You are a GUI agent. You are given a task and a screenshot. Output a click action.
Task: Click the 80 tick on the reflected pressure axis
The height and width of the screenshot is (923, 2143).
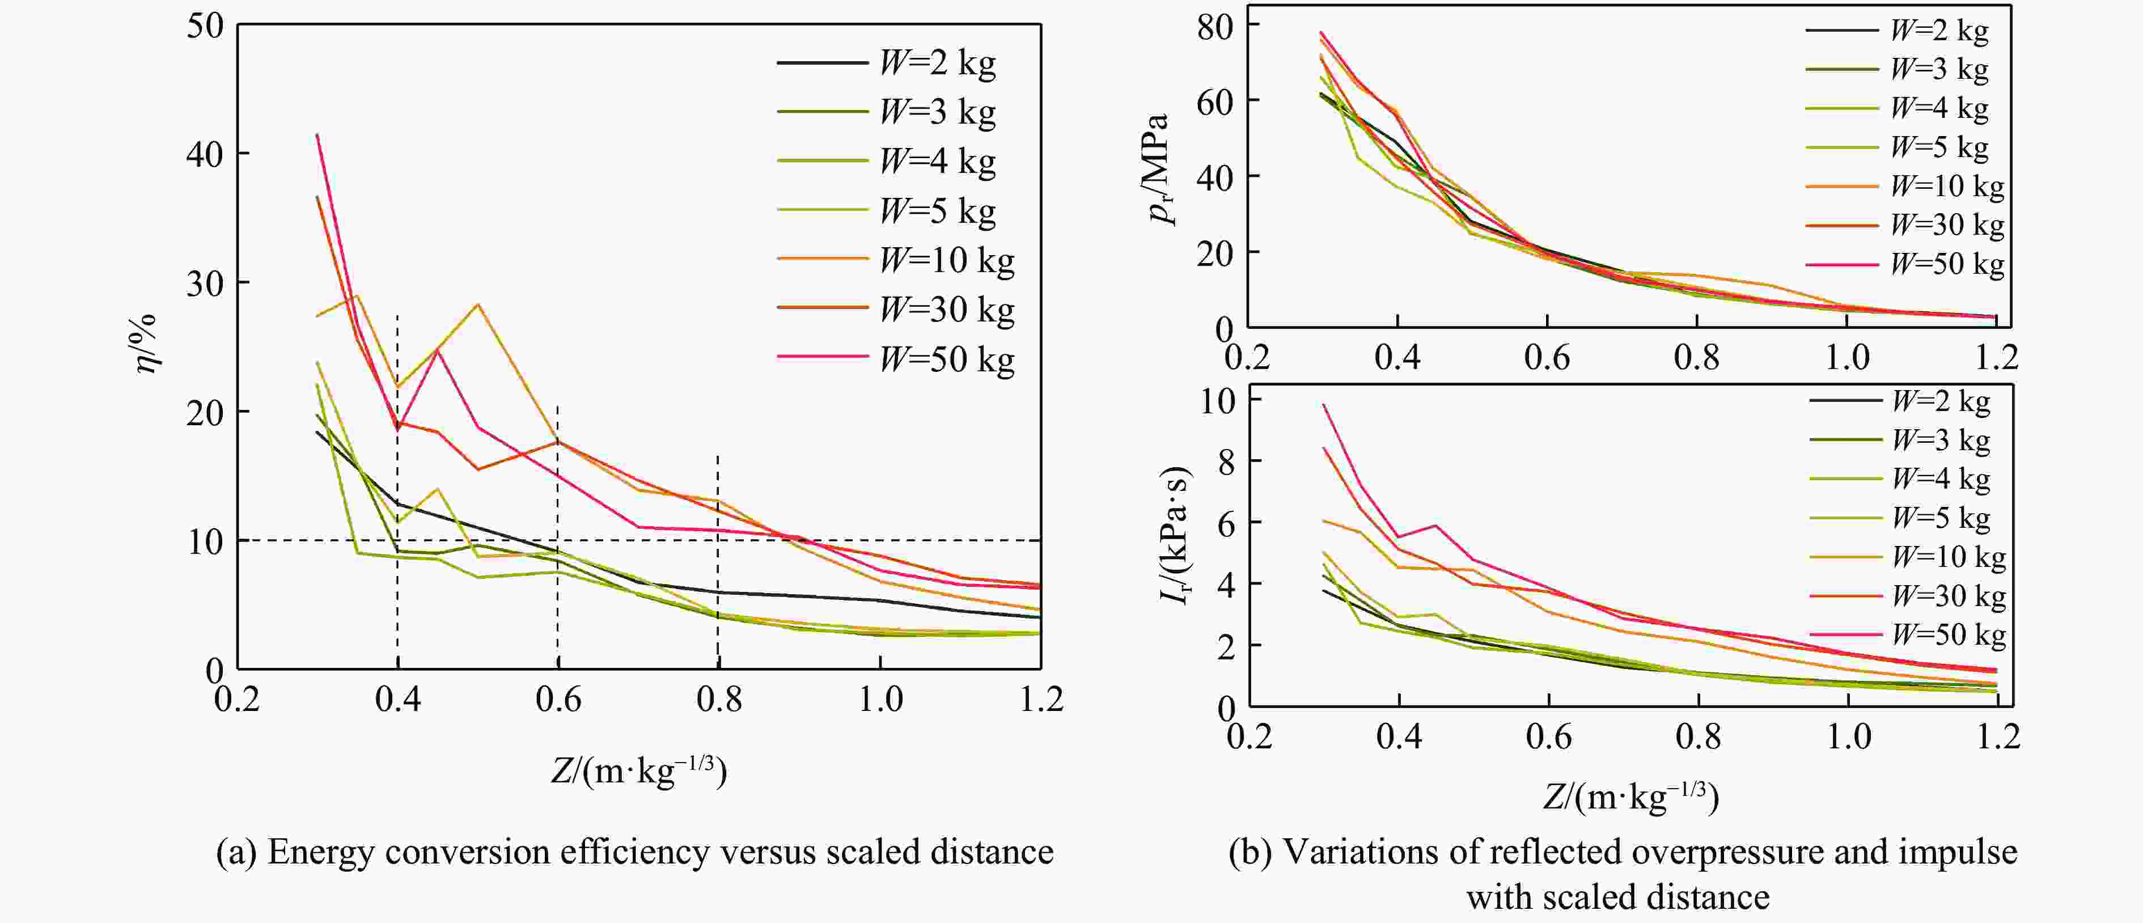(1216, 27)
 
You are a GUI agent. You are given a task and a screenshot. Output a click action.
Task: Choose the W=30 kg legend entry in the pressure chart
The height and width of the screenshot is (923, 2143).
(1947, 225)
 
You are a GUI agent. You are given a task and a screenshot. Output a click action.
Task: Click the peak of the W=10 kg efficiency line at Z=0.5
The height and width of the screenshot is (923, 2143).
(477, 304)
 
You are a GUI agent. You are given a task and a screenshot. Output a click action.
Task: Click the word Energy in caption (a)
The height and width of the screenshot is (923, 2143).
(319, 852)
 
